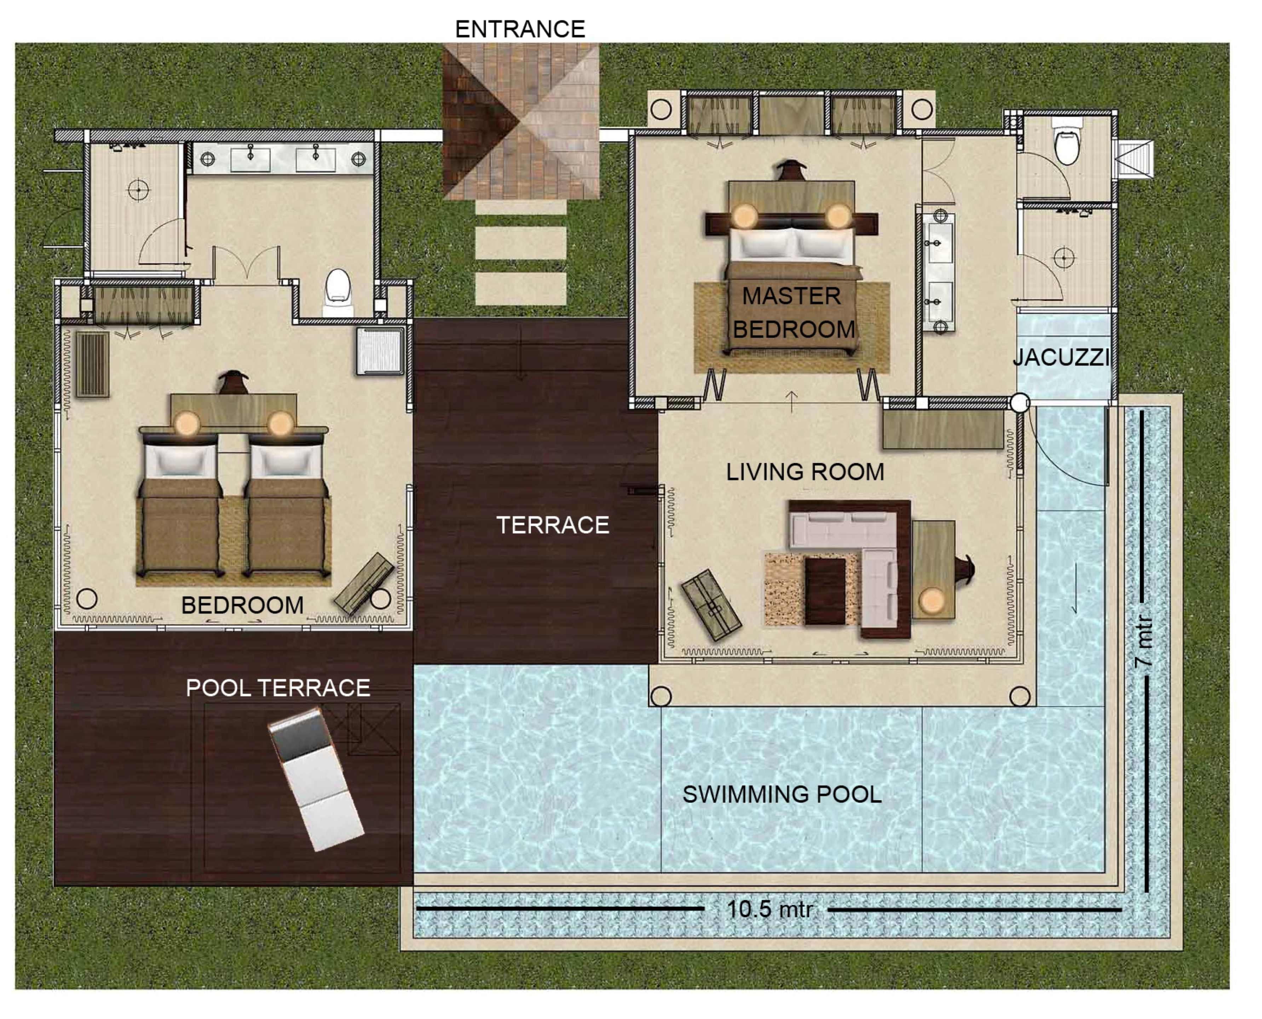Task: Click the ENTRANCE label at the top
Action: (520, 29)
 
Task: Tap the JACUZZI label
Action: (1061, 357)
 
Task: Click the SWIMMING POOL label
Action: (782, 795)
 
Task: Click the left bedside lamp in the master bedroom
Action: (745, 216)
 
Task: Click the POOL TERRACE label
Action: (278, 688)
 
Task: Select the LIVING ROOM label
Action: (805, 472)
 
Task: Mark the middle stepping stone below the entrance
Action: (520, 243)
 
